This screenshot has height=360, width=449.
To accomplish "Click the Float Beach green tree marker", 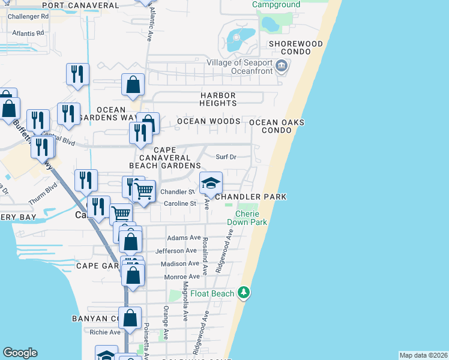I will [244, 293].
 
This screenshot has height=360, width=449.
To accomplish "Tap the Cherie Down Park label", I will [251, 218].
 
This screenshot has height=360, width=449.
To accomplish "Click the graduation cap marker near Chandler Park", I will [211, 184].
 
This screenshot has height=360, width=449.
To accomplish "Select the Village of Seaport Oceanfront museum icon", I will [281, 66].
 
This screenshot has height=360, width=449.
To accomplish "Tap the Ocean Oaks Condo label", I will [277, 126].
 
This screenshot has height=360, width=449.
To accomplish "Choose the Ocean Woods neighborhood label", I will [208, 121].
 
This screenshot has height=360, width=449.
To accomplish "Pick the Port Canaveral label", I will [81, 5].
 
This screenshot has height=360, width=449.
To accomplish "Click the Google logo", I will [20, 353].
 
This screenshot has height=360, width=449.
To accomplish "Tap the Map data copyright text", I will [423, 355].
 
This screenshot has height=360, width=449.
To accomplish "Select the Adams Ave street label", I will [184, 238].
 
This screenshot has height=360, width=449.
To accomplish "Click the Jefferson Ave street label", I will [176, 251].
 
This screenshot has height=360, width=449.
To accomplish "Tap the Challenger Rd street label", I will [28, 16].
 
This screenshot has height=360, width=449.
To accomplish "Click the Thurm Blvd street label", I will [41, 203].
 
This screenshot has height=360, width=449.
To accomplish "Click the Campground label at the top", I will [276, 5].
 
